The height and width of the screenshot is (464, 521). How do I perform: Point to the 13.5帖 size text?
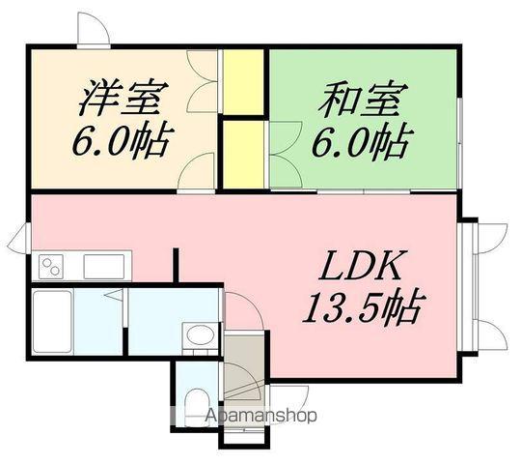point(363,308)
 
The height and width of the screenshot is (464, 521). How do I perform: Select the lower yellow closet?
point(244,154)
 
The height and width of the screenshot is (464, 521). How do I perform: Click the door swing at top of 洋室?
point(93,31)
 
